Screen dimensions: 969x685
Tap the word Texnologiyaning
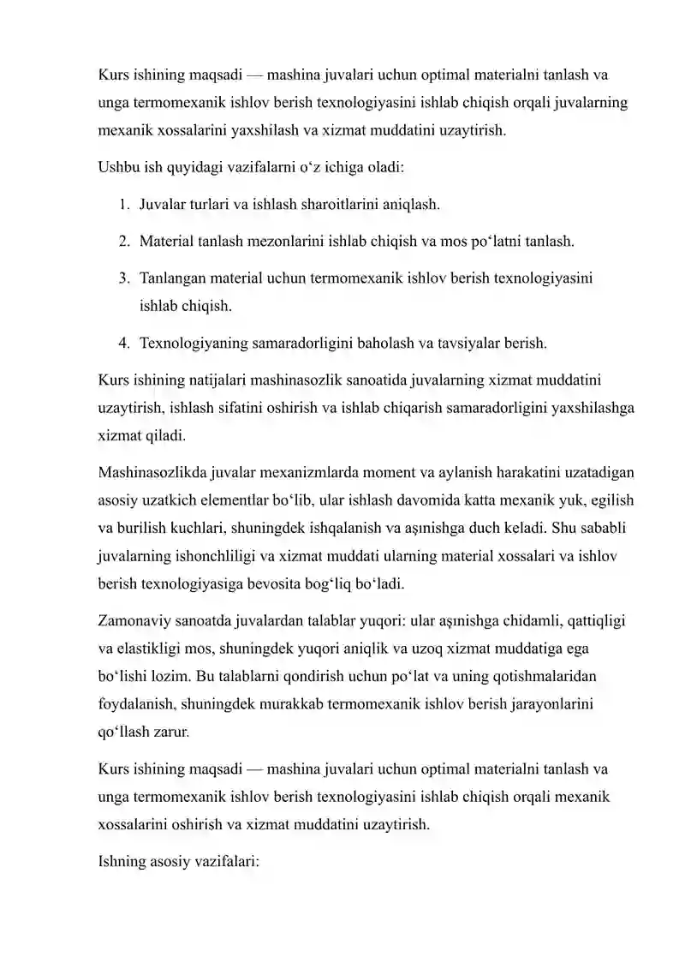(194, 344)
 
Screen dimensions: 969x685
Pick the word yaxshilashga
(588, 408)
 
